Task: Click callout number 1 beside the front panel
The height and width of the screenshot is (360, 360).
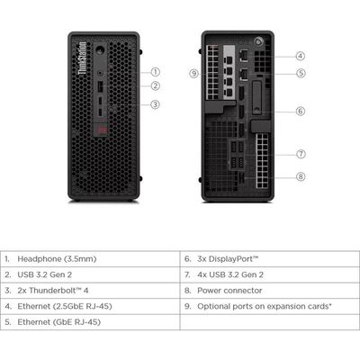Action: tap(155, 72)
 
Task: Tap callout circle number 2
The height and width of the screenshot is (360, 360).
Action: tap(155, 86)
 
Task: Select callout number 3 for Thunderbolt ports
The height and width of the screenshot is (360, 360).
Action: tap(155, 104)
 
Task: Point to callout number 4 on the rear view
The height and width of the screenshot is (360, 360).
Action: tap(301, 56)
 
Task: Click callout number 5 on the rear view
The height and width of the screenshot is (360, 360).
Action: tap(301, 73)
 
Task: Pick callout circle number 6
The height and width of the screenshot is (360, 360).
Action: tap(301, 112)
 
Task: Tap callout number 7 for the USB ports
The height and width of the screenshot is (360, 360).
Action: tap(301, 154)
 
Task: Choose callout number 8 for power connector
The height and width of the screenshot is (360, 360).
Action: tap(301, 176)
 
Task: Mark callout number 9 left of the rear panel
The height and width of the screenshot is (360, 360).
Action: tap(194, 73)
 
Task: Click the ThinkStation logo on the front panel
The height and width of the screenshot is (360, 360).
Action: tap(82, 58)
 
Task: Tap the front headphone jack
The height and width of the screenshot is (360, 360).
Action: tap(100, 72)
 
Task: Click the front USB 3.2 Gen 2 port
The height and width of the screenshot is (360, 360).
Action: tap(100, 87)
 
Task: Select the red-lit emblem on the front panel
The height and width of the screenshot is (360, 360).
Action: tap(101, 130)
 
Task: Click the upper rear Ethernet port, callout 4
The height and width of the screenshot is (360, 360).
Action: tap(244, 56)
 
